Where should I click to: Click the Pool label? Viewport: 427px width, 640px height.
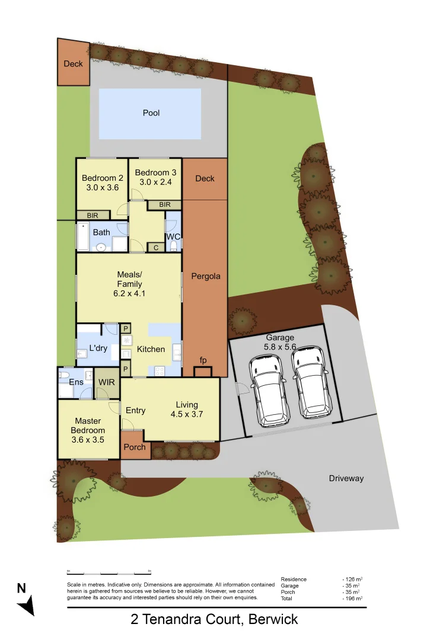pyautogui.click(x=151, y=113)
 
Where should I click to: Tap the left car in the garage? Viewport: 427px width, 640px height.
pyautogui.click(x=269, y=391)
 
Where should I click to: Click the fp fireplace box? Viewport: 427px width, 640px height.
pyautogui.click(x=203, y=372)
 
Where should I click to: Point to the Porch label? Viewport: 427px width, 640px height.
pyautogui.click(x=135, y=447)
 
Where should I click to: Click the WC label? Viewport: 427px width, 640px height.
pyautogui.click(x=173, y=237)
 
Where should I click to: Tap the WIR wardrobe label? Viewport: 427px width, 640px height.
pyautogui.click(x=108, y=382)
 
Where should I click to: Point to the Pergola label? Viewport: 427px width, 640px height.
pyautogui.click(x=205, y=276)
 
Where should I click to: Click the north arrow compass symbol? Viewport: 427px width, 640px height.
pyautogui.click(x=26, y=603)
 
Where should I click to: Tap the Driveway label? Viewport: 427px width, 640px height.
pyautogui.click(x=346, y=478)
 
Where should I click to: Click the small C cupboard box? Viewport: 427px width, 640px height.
pyautogui.click(x=155, y=248)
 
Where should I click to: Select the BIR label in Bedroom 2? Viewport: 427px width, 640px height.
pyautogui.click(x=93, y=216)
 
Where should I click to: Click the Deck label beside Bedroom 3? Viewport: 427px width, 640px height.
pyautogui.click(x=205, y=178)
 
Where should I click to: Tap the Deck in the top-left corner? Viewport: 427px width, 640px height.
pyautogui.click(x=74, y=63)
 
